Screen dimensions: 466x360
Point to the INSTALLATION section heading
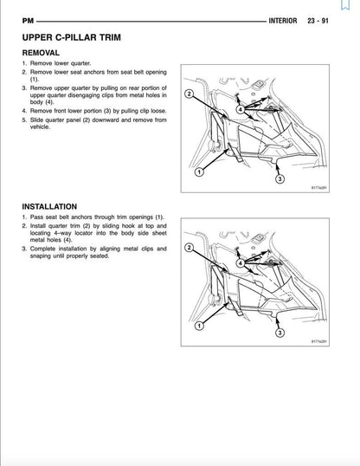55,206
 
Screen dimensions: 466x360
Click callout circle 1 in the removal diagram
200,172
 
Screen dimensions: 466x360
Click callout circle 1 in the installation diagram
200,326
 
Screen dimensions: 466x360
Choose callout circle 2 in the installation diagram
189,248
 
